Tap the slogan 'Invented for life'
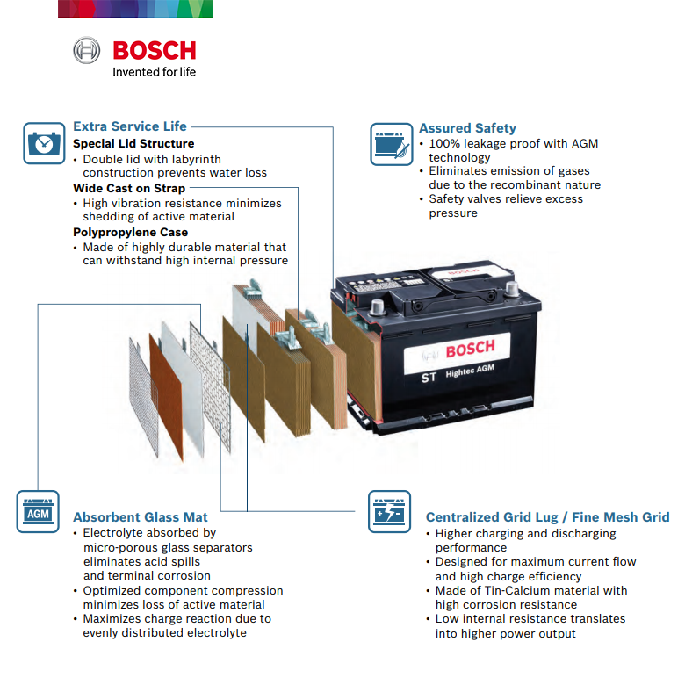pos(154,72)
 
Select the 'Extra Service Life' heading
pos(130,126)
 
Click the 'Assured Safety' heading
pos(467,128)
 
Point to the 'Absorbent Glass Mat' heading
pos(140,517)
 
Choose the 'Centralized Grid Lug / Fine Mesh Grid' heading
pos(547,517)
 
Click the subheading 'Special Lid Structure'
pos(133,143)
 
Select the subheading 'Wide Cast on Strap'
pos(129,188)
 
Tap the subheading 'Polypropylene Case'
pos(130,233)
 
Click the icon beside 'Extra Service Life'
pos(44,142)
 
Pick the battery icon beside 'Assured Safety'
pos(392,143)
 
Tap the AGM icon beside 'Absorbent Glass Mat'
pos(38,511)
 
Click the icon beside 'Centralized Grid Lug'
pos(389,511)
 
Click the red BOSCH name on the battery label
pos(470,349)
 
